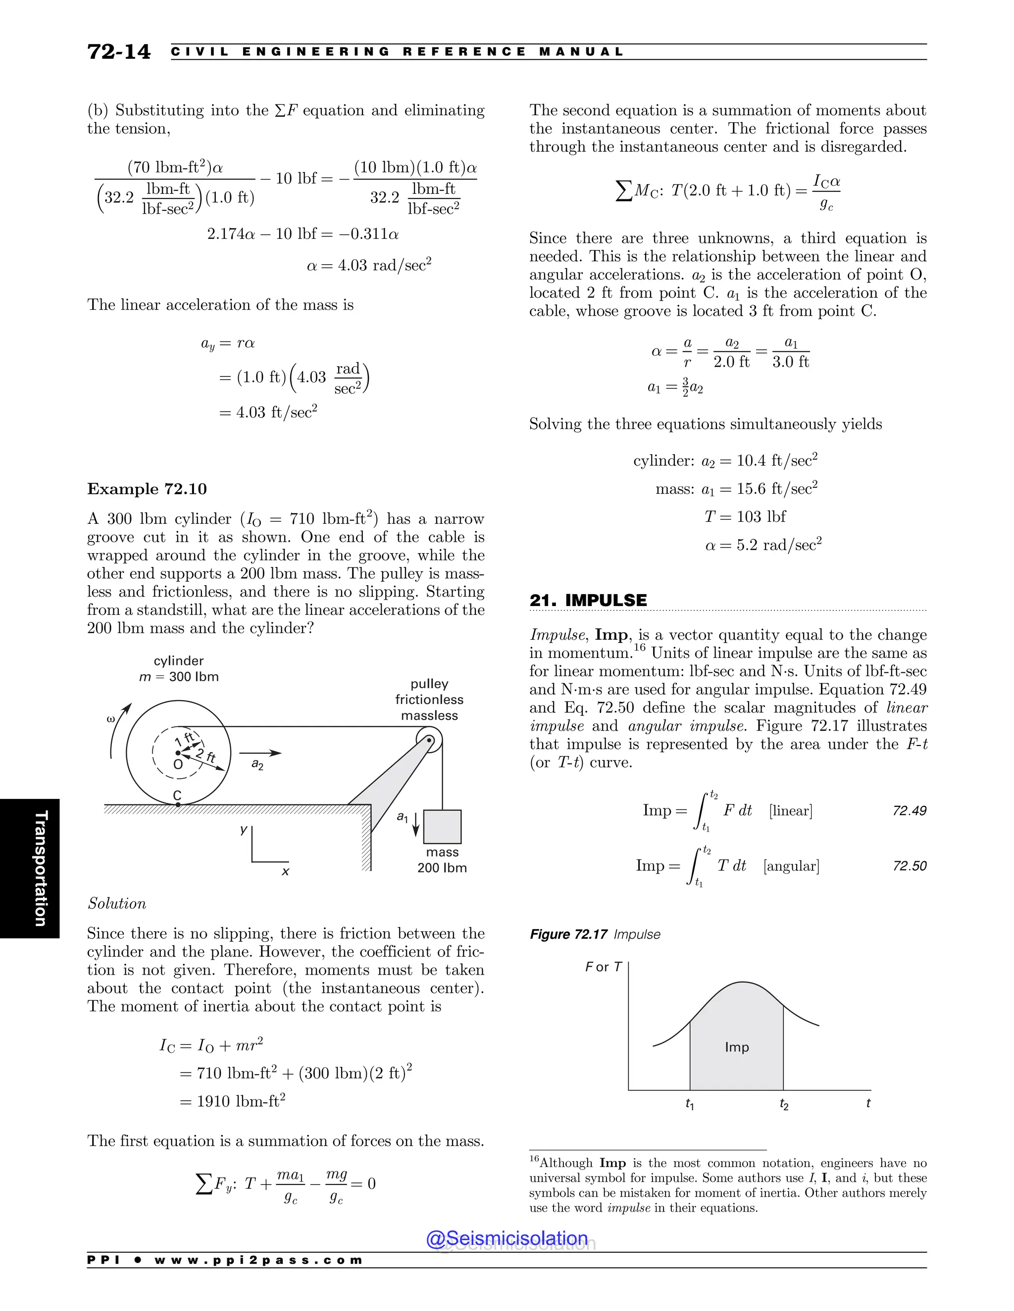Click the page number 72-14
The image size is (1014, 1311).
[119, 52]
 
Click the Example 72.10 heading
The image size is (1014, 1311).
[147, 489]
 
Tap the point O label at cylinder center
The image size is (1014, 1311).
[178, 764]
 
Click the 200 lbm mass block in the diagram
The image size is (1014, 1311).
[442, 827]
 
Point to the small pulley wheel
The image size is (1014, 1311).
[429, 740]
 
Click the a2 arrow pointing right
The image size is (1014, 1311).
[260, 753]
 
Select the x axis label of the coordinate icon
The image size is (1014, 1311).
[285, 871]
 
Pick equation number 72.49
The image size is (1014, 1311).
[909, 810]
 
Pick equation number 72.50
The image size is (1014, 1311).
[909, 866]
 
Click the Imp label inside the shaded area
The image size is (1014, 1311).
[736, 1047]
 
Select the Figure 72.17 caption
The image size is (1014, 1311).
[594, 934]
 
